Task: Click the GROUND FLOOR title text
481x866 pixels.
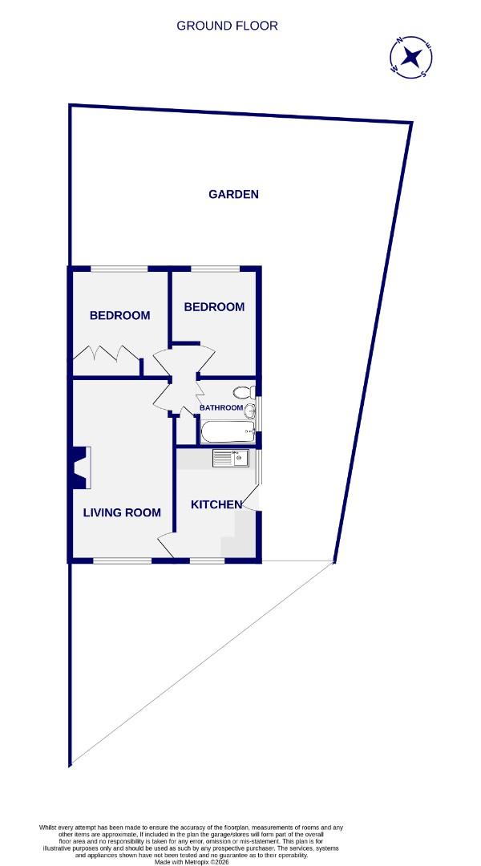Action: coord(228,26)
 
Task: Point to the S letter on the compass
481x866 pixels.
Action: coord(422,75)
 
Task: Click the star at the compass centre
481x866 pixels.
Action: coord(413,57)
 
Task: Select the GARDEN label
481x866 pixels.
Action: coord(233,194)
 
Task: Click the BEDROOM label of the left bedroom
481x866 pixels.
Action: coord(119,315)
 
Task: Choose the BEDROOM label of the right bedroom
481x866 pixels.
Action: coord(214,307)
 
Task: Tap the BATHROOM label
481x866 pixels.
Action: coord(220,407)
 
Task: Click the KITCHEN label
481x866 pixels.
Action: coord(216,504)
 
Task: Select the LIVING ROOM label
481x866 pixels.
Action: coord(122,512)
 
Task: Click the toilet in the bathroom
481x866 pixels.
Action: coord(244,392)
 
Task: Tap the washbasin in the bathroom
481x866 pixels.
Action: coord(250,411)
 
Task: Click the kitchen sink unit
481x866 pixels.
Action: coord(232,459)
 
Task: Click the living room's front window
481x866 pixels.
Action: coord(122,560)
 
